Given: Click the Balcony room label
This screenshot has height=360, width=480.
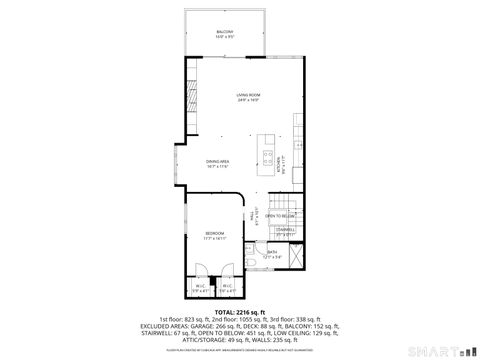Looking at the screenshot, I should pos(225,34).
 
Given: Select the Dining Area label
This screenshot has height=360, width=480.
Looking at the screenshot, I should pos(218,164).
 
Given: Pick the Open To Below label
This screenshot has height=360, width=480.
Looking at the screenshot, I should pos(280,216).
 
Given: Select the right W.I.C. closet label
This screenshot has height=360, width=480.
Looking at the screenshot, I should pos(227,288).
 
